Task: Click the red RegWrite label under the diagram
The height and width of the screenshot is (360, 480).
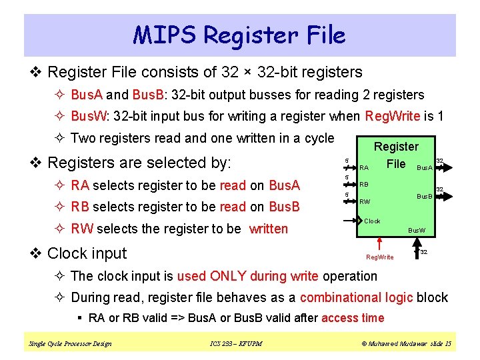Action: tap(380, 257)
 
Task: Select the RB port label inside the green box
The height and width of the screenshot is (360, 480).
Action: tap(364, 185)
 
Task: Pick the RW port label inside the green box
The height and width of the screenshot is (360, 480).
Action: tap(365, 201)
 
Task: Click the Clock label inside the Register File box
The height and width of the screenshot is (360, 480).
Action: tap(372, 221)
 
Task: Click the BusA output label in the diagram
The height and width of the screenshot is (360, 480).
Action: tap(424, 168)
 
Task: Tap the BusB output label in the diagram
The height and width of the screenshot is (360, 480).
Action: tap(425, 196)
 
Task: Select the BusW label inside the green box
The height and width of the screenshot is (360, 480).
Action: tap(417, 231)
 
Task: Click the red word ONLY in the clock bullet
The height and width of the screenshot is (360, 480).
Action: tap(229, 276)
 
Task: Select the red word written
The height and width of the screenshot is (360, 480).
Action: tap(269, 229)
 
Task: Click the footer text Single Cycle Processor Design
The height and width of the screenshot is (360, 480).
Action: tap(70, 343)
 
